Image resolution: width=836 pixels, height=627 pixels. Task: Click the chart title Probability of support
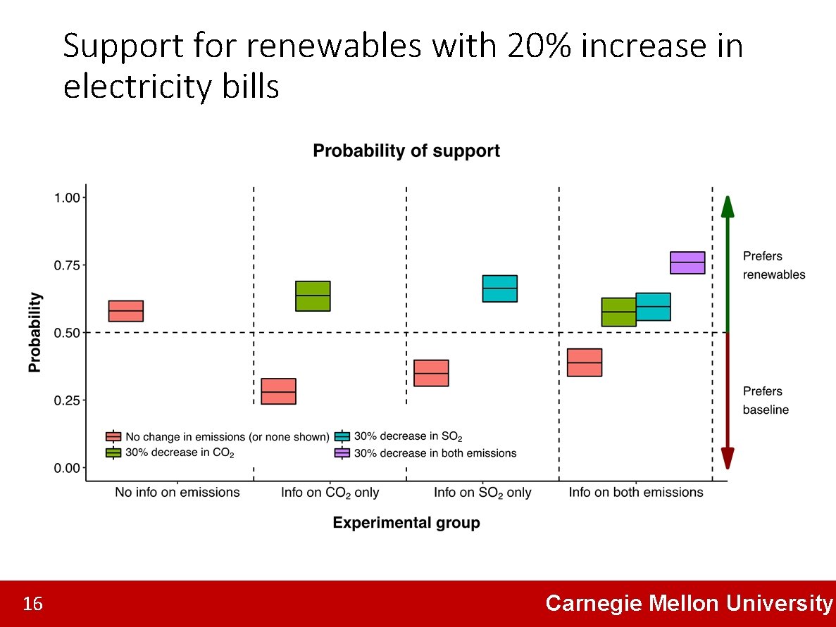tap(406, 151)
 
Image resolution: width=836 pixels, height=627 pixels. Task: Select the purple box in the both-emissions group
tap(687, 262)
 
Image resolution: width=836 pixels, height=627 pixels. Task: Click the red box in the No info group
tap(125, 310)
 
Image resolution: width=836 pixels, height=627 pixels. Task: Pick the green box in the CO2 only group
tap(313, 296)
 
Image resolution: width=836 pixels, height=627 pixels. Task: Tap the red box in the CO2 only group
tap(278, 391)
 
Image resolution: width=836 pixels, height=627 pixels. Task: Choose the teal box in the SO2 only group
tap(499, 289)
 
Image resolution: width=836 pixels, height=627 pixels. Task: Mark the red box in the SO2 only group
tap(431, 373)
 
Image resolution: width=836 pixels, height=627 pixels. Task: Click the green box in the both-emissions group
tap(618, 312)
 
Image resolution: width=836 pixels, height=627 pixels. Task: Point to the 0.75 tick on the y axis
tap(69, 265)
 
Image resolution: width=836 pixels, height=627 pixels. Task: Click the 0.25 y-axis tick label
tap(69, 400)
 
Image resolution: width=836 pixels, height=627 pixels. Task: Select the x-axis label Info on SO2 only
tap(482, 493)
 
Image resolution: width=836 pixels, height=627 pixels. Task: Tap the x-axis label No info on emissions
tap(177, 493)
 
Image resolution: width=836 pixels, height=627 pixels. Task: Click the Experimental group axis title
tap(406, 523)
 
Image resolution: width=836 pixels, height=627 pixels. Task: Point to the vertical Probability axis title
tap(35, 332)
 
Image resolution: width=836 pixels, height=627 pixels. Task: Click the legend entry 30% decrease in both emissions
tap(435, 453)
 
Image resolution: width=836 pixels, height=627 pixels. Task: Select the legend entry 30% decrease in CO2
tap(179, 453)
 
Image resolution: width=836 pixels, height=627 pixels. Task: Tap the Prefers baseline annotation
tap(766, 400)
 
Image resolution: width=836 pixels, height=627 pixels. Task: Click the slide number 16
tap(32, 604)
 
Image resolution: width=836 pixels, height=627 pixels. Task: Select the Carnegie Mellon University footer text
tap(688, 604)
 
